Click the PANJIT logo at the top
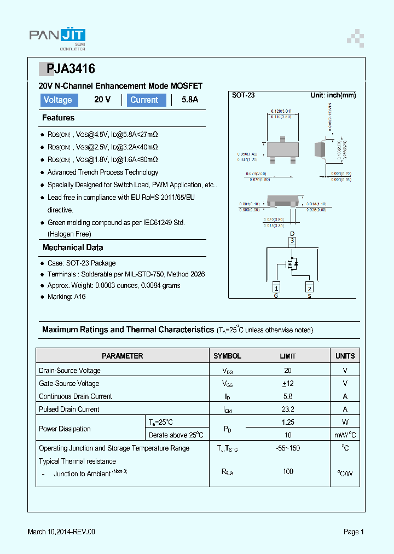pos(57,36)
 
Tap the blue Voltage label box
pos(58,100)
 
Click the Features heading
pos(58,118)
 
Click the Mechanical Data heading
pos(73,247)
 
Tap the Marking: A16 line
pos(66,297)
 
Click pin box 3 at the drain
pos(292,240)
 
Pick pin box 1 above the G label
pos(276,288)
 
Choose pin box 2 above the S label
pos(309,288)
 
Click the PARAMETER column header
pos(123,356)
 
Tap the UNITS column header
pos(345,356)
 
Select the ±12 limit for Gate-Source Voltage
pos(288,383)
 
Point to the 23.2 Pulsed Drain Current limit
pos(288,409)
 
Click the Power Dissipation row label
pos(65,429)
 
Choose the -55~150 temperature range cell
pos(288,448)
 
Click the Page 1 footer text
pos(354,532)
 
